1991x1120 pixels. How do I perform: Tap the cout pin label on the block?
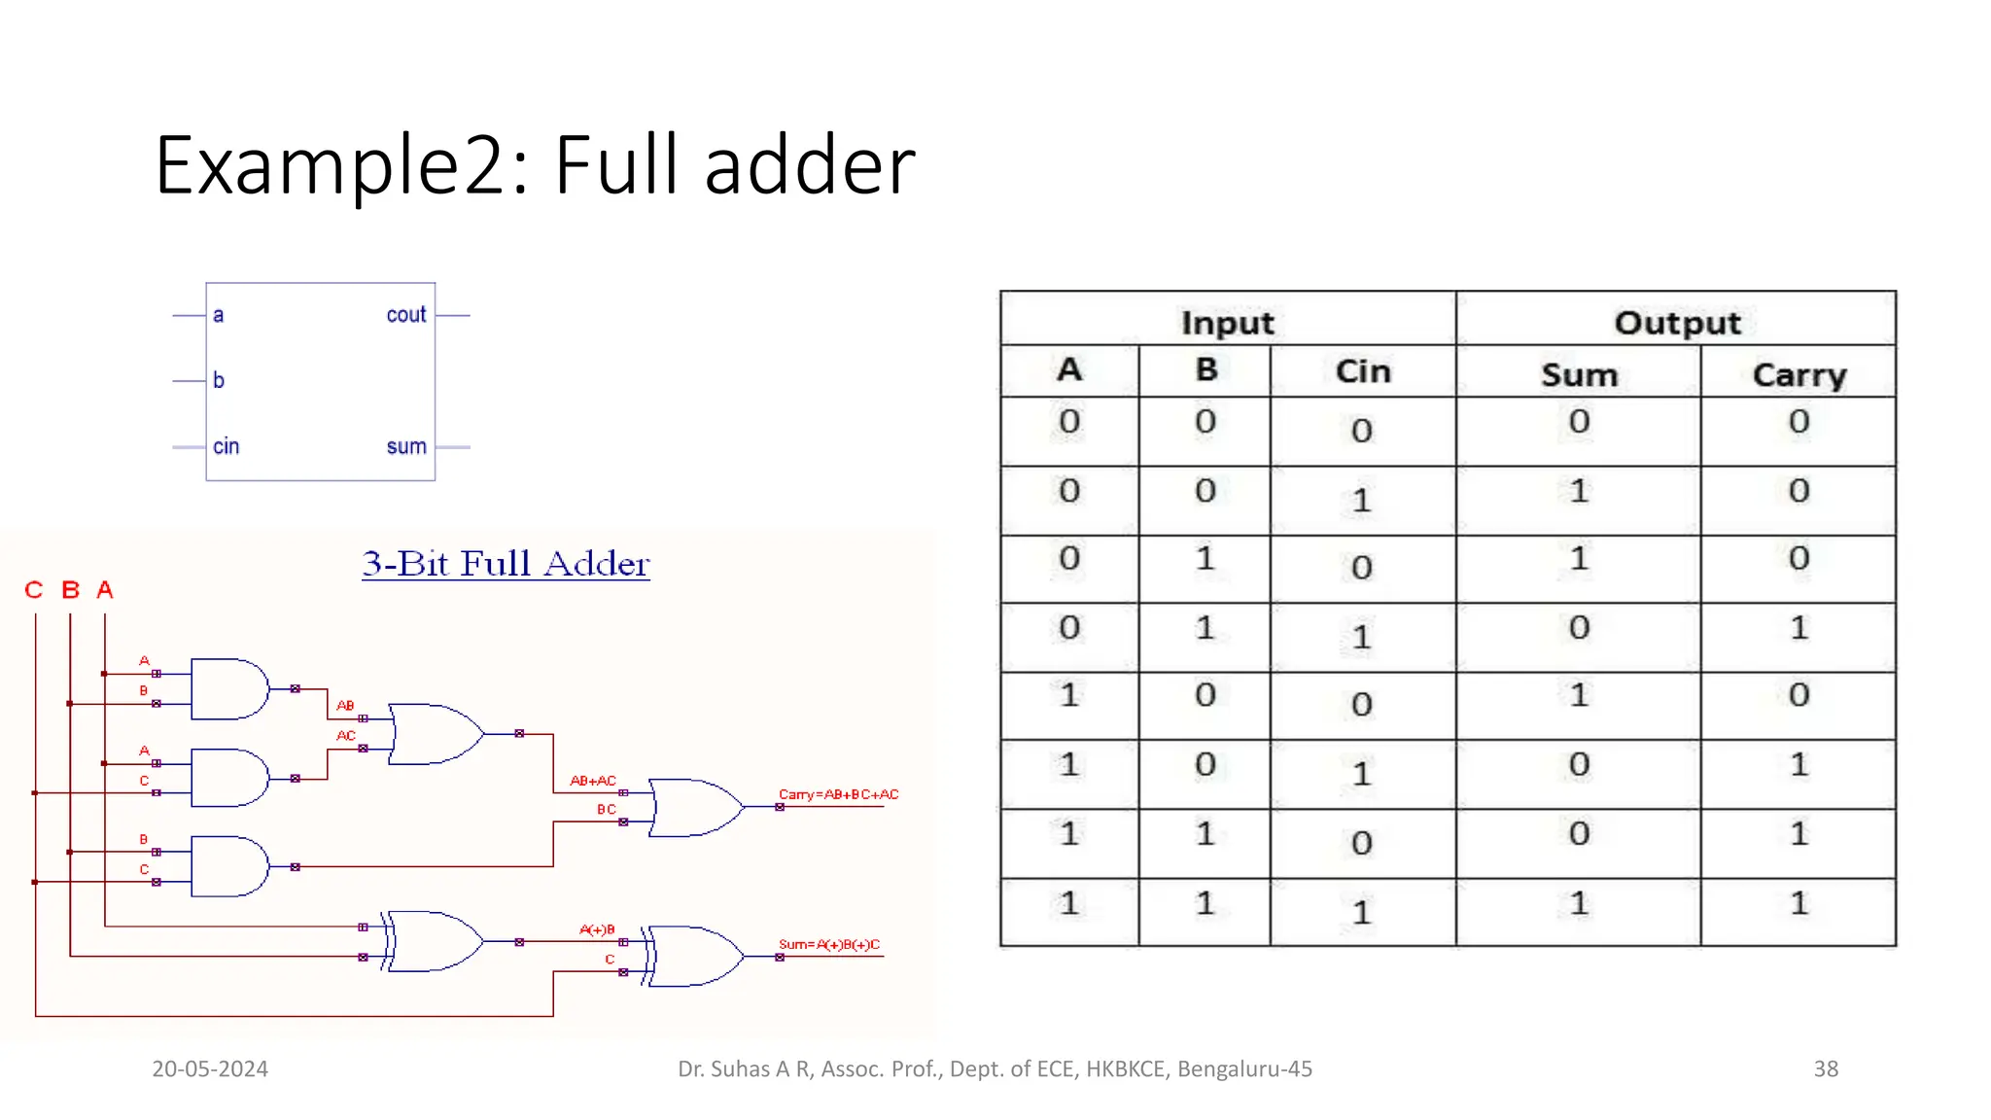tap(405, 315)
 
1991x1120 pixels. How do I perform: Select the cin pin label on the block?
tap(226, 446)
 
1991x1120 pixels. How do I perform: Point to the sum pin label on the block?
tap(406, 446)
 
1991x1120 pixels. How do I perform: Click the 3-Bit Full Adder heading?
tap(506, 564)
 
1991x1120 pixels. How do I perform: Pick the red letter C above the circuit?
tap(34, 590)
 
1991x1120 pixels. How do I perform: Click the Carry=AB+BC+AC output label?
tap(838, 794)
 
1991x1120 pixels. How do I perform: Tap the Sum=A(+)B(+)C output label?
tap(828, 944)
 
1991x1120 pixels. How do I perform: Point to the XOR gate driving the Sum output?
tap(694, 957)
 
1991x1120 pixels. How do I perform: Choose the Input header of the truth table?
tap(1227, 323)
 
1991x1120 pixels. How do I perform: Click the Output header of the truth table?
tap(1677, 323)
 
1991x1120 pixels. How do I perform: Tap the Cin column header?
tap(1362, 371)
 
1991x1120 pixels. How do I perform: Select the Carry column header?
tap(1799, 375)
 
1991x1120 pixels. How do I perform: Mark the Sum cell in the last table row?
tap(1579, 904)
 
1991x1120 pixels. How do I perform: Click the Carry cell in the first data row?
tap(1799, 422)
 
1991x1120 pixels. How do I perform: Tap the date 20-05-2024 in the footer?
tap(210, 1069)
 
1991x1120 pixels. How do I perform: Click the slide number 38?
tap(1826, 1069)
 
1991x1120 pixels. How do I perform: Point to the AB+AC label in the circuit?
tap(593, 781)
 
